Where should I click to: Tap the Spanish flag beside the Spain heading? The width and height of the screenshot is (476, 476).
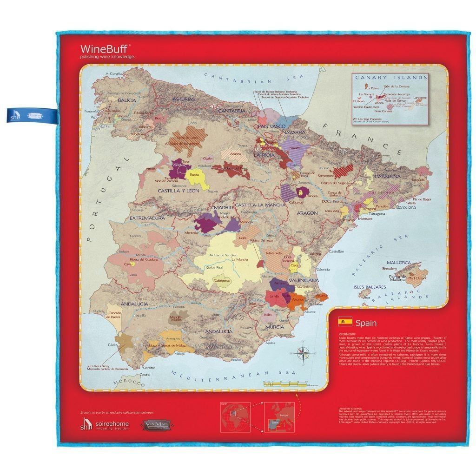344,321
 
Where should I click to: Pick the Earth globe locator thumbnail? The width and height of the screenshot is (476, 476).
235,416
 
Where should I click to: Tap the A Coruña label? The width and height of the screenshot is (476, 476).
114,74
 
